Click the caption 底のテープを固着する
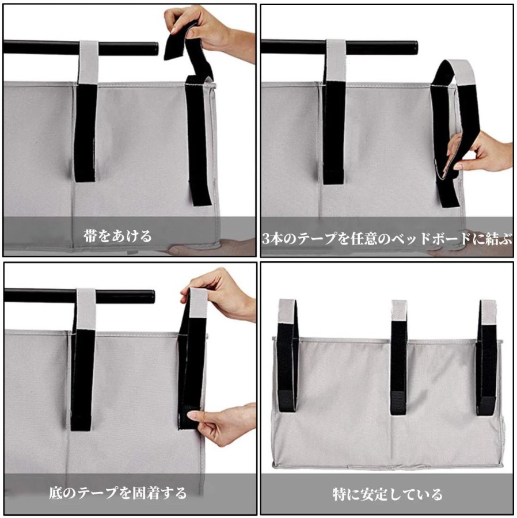point(118,493)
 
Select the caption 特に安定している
point(387,494)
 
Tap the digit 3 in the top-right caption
point(266,238)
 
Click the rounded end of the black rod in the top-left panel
point(155,48)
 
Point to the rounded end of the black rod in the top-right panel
point(414,48)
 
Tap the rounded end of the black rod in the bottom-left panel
point(151,296)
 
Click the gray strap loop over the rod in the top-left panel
point(89,62)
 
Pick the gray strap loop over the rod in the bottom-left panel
point(86,310)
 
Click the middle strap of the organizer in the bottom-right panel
point(398,357)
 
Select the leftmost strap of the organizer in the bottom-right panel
point(288,356)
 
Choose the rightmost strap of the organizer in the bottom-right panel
point(487,357)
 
